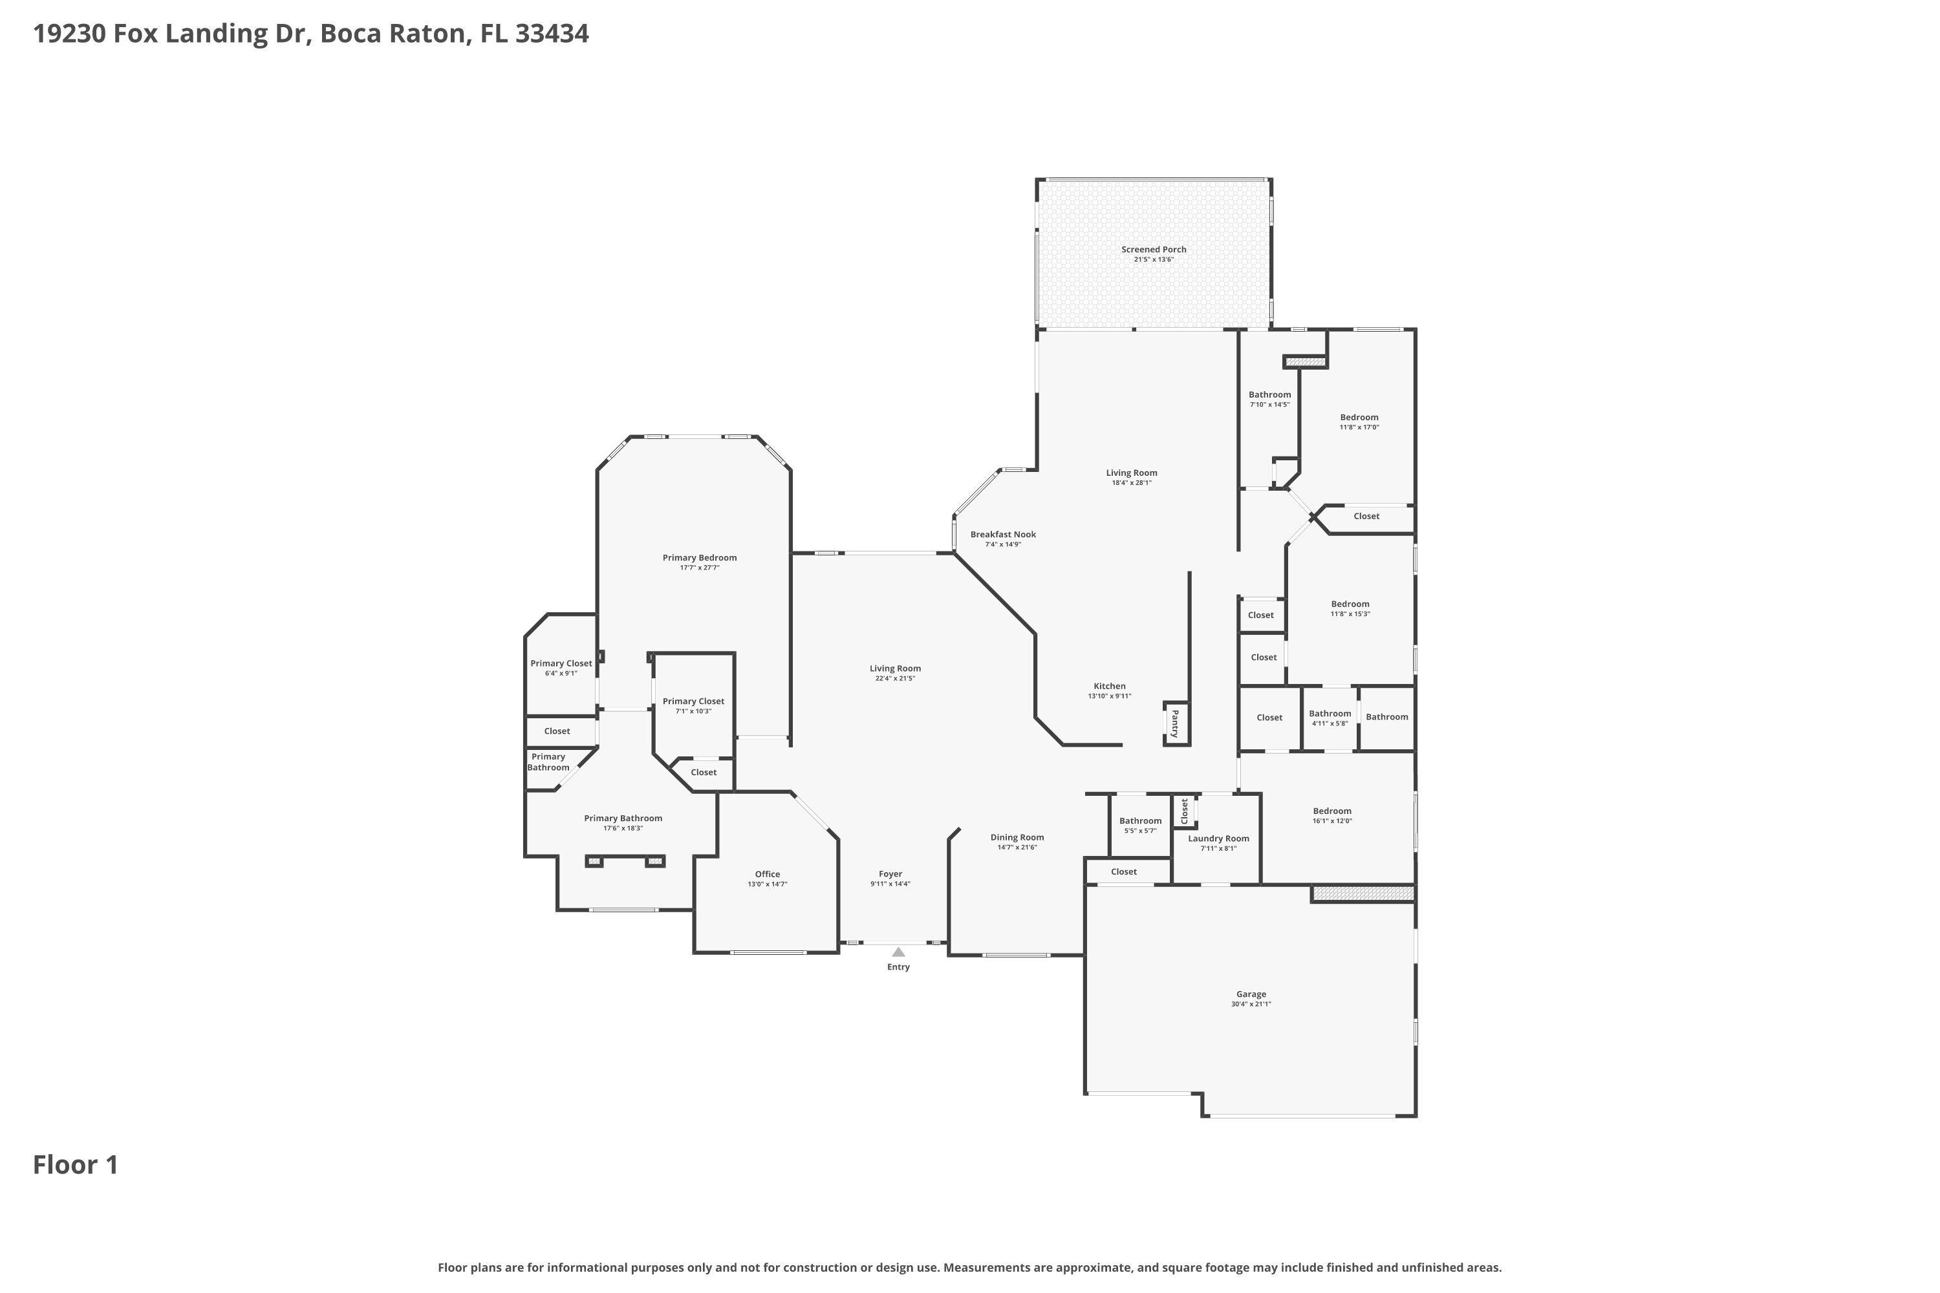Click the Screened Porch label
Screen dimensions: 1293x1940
point(1153,249)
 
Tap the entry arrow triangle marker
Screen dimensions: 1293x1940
point(898,952)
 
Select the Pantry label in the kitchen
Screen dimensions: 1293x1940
point(1176,723)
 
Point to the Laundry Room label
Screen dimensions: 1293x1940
point(1218,839)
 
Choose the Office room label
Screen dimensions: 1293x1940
point(767,874)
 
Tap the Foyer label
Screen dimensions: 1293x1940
point(890,874)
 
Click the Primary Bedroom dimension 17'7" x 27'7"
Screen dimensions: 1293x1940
point(700,568)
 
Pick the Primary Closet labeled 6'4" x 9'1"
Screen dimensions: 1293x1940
point(561,663)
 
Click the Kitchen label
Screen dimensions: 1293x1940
point(1110,686)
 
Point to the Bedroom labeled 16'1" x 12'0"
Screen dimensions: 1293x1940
point(1332,811)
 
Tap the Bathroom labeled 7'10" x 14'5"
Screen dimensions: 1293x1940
point(1269,394)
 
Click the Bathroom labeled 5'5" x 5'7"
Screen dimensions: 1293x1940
point(1140,820)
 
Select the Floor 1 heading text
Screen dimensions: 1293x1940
point(75,1165)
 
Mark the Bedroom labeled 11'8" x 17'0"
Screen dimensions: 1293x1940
point(1359,417)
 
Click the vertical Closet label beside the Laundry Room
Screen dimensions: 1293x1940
point(1185,811)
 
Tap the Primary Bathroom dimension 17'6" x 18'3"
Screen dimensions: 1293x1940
point(623,829)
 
